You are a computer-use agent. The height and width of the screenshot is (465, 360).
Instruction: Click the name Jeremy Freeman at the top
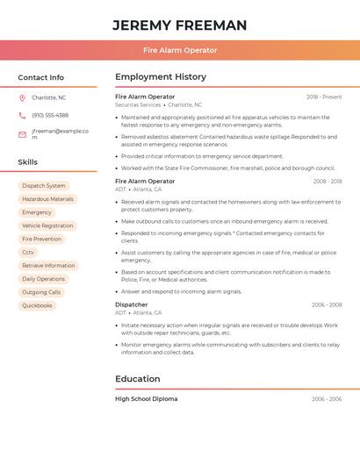(180, 25)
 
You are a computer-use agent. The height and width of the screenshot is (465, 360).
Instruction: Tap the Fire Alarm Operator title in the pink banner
(180, 50)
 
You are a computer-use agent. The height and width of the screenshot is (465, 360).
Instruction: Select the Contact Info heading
(41, 77)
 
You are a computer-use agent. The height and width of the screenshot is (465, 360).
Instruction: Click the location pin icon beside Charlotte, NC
(22, 98)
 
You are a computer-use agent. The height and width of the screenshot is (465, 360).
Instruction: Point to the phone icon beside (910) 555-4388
(22, 116)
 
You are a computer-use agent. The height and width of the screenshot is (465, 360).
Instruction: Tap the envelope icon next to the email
(22, 134)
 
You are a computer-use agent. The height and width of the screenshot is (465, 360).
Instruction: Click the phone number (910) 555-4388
(50, 116)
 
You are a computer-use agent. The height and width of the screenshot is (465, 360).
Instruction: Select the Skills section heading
(28, 162)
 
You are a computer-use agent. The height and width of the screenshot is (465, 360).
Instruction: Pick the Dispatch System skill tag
(44, 186)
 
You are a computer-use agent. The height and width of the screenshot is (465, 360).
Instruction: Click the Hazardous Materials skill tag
(47, 199)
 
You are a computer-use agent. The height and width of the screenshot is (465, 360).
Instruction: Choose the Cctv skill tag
(28, 253)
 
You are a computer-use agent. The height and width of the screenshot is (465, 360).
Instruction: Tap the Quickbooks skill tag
(37, 305)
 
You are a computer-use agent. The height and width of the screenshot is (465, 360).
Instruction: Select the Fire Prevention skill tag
(41, 239)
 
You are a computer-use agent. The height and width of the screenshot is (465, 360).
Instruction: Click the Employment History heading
(161, 77)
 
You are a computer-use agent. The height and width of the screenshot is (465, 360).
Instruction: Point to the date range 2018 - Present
(324, 97)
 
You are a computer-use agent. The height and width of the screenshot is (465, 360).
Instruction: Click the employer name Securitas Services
(138, 105)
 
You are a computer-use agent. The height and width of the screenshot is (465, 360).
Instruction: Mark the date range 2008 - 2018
(327, 182)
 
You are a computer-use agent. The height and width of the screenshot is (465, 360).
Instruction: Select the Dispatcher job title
(132, 304)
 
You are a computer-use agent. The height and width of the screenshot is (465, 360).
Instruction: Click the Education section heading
(138, 379)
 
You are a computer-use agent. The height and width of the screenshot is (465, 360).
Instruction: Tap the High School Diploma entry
(146, 399)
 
